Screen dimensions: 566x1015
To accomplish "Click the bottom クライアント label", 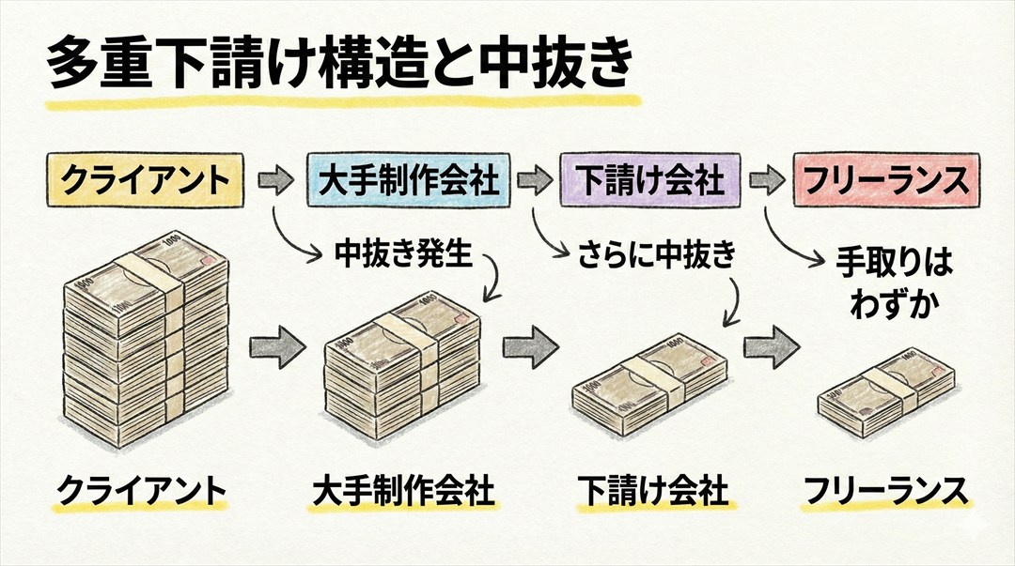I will (x=142, y=491).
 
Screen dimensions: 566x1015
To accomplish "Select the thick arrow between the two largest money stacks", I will (x=277, y=346).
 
